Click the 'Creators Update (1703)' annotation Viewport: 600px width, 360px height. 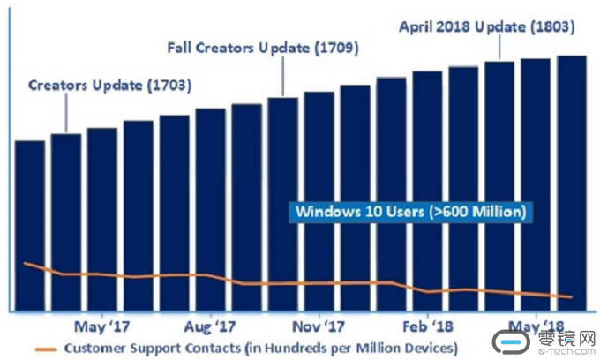109,86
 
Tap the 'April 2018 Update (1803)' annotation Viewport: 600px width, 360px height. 486,26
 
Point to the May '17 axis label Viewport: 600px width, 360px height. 102,324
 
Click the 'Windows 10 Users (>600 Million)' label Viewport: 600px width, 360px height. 411,212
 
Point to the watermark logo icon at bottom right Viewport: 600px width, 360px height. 512,343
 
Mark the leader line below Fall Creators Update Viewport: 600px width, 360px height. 282,77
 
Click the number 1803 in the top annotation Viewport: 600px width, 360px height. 551,26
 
